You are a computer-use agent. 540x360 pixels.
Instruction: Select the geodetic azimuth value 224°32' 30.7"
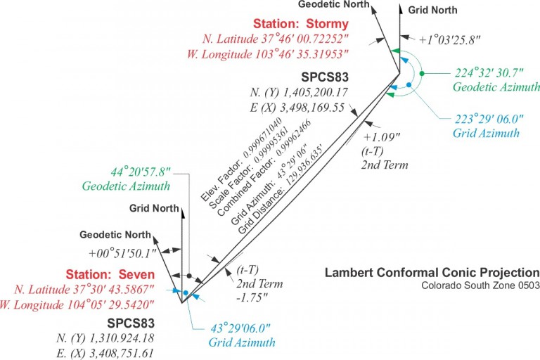(x=486, y=72)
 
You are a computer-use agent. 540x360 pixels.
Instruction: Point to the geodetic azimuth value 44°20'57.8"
(x=141, y=172)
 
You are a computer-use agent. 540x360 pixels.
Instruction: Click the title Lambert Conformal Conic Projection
(x=432, y=272)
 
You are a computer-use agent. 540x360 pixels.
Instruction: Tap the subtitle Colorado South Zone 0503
(x=480, y=285)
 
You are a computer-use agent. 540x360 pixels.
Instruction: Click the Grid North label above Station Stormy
(x=433, y=11)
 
